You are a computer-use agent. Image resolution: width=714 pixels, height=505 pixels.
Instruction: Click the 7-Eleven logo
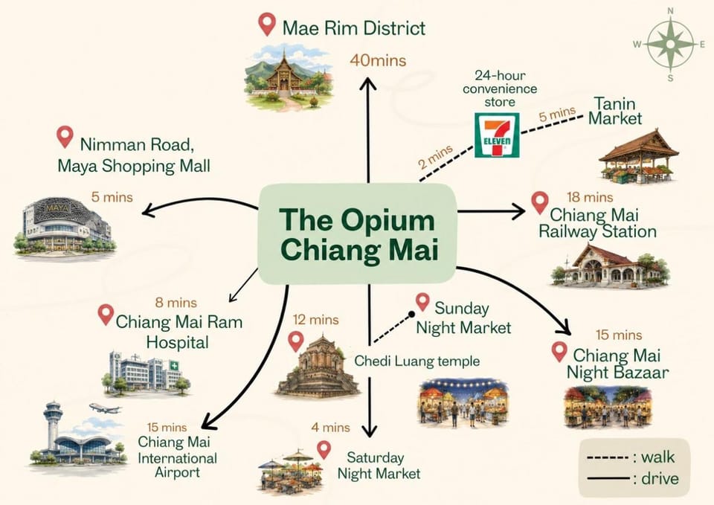pos(497,135)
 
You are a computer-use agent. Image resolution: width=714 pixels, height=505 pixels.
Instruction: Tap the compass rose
pos(670,44)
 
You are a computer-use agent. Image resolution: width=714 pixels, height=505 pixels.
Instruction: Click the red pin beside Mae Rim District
pos(267,24)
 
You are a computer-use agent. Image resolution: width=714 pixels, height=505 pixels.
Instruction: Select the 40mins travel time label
pos(378,60)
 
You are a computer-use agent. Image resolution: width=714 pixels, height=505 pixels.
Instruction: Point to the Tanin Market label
pos(615,111)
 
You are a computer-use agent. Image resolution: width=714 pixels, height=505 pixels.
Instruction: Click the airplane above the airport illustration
pos(105,408)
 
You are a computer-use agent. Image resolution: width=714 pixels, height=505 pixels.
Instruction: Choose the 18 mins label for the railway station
pos(590,197)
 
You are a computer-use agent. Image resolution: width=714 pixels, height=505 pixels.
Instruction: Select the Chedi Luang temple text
pos(416,361)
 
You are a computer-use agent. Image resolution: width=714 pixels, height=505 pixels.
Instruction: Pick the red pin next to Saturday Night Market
pos(324,450)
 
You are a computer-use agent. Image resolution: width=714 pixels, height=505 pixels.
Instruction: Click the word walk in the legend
pos(657,457)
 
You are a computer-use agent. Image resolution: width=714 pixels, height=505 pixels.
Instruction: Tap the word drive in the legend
pos(660,478)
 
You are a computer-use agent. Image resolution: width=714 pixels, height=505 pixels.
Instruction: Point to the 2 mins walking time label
pos(436,156)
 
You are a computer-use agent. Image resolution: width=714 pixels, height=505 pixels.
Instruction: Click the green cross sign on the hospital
pos(174,365)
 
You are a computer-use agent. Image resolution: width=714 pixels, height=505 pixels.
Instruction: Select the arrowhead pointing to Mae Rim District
pos(368,83)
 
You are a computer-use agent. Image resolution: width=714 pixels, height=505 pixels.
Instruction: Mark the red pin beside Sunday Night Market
pos(422,302)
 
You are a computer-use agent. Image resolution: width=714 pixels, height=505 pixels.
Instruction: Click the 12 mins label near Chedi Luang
pos(315,320)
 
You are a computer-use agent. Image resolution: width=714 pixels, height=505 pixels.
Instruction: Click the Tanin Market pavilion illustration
pos(638,157)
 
